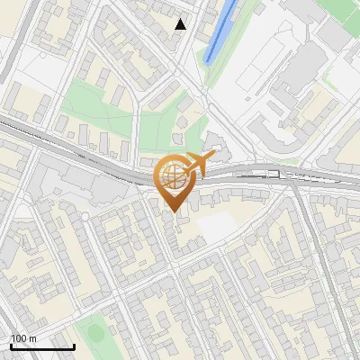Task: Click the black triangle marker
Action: pos(181,24)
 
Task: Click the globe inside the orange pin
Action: pos(173,178)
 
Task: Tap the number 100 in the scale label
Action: pos(20,338)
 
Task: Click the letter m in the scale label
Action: pos(33,338)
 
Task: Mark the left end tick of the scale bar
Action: pos(11,346)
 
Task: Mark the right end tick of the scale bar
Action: pos(74,346)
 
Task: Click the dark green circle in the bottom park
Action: pos(94,334)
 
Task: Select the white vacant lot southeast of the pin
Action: pos(216,227)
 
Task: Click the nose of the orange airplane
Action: pos(214,157)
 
